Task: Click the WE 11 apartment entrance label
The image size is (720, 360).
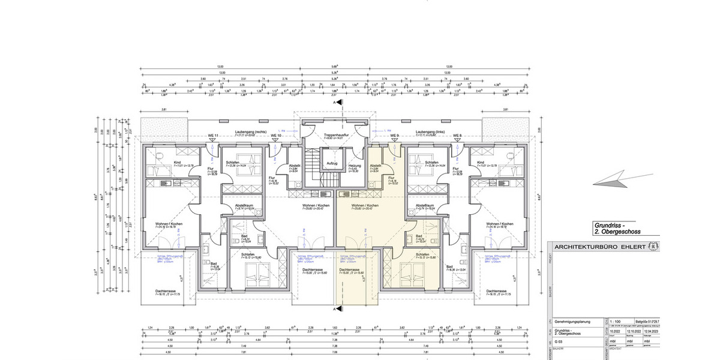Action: click(214, 136)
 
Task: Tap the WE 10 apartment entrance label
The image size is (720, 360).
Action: click(276, 136)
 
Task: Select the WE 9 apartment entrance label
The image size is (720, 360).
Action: click(394, 136)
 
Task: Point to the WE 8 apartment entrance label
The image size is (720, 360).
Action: click(457, 136)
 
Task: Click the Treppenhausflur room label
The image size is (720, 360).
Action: click(337, 136)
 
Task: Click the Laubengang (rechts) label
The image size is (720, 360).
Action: click(251, 131)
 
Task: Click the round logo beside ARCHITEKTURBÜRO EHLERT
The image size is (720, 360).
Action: click(653, 247)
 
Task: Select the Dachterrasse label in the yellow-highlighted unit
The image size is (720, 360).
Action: click(349, 270)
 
